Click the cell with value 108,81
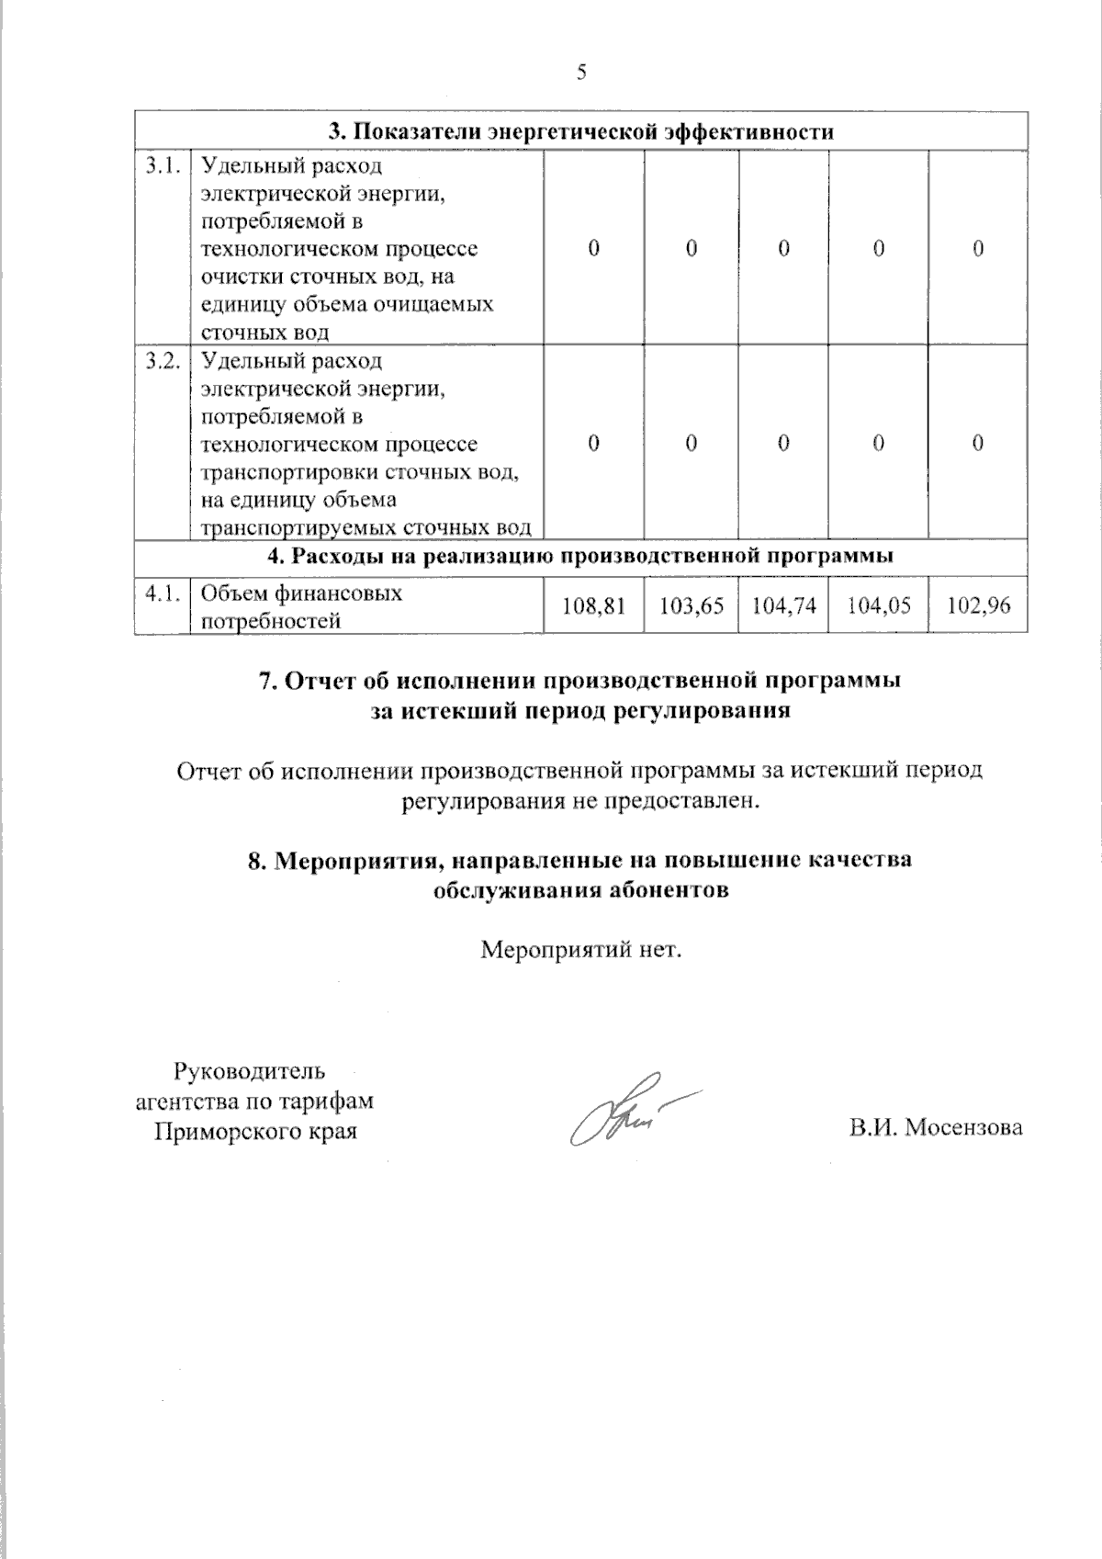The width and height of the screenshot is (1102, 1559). [x=594, y=606]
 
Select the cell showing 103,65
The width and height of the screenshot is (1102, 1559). [x=691, y=606]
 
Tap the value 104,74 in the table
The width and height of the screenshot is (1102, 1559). [x=783, y=606]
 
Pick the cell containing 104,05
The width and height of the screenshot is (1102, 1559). [x=879, y=606]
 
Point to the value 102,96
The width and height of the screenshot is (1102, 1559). [x=978, y=606]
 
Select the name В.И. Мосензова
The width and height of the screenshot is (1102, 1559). [x=936, y=1128]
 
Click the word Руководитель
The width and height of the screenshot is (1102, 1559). [x=249, y=1071]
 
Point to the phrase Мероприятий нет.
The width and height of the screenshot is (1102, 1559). [x=581, y=949]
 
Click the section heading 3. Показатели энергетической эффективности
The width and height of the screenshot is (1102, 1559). [x=581, y=131]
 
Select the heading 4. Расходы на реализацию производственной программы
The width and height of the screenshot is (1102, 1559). [x=581, y=556]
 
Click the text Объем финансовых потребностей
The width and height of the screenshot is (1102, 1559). [x=301, y=606]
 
